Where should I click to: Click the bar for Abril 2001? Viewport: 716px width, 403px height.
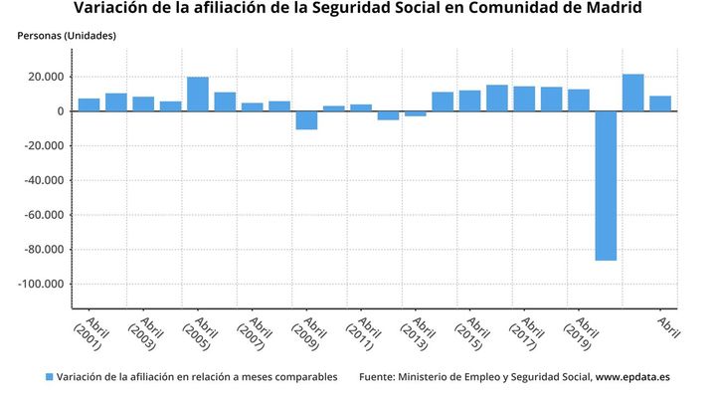pyautogui.click(x=89, y=104)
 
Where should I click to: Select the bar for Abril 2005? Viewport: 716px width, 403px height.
pyautogui.click(x=198, y=95)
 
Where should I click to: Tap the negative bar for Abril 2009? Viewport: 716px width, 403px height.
pyautogui.click(x=306, y=120)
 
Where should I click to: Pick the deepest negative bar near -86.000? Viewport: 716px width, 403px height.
pyautogui.click(x=606, y=185)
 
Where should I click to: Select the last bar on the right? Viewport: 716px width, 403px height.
pyautogui.click(x=660, y=103)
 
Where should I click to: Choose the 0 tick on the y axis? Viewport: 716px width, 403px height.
pyautogui.click(x=62, y=111)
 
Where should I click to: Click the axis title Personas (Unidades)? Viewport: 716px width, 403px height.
pyautogui.click(x=67, y=36)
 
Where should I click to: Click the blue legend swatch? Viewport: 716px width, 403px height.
pyautogui.click(x=49, y=377)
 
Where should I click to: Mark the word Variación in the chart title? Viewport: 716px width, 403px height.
pyautogui.click(x=114, y=9)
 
